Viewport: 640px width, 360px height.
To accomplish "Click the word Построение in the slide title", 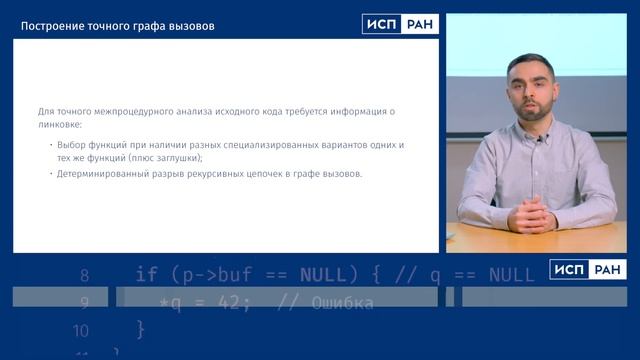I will tap(51, 25).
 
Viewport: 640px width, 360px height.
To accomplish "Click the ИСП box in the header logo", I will tap(381, 25).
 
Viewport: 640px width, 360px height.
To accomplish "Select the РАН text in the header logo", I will tap(418, 25).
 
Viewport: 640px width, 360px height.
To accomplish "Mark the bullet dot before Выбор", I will tap(50, 145).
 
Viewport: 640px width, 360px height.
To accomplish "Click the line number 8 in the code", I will tap(84, 274).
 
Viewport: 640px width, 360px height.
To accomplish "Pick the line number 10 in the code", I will tap(81, 330).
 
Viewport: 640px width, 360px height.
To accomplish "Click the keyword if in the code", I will tap(146, 274).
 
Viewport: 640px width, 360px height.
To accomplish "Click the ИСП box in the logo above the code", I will tap(569, 269).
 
